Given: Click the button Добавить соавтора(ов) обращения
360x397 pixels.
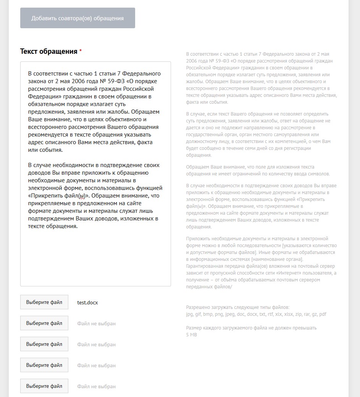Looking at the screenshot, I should (x=77, y=18).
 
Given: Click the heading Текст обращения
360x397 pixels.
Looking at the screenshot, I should (x=48, y=51).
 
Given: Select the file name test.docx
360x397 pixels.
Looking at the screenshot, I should (x=87, y=302).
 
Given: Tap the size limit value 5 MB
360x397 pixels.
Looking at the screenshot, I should (x=192, y=334).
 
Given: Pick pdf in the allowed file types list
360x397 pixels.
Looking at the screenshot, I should (x=323, y=314).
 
